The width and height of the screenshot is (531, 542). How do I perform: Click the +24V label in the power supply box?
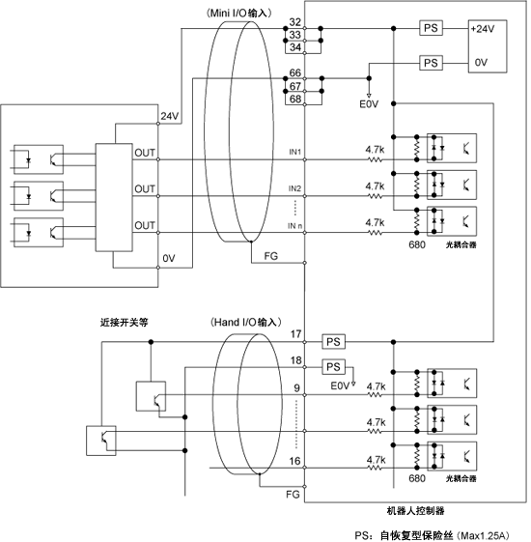click(483, 29)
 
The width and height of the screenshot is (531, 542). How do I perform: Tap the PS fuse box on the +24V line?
click(431, 28)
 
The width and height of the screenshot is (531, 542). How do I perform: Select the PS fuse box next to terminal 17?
click(333, 342)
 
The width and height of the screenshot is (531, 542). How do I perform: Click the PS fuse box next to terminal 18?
click(333, 367)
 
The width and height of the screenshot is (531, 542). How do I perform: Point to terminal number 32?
click(295, 22)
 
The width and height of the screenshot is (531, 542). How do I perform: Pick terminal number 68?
click(295, 100)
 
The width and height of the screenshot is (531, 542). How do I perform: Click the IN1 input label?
click(295, 152)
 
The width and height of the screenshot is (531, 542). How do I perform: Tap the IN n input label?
click(295, 226)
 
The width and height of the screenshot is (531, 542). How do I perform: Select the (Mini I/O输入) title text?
click(239, 14)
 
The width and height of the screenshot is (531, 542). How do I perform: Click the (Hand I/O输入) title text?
click(246, 322)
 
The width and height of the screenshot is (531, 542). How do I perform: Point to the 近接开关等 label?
click(125, 322)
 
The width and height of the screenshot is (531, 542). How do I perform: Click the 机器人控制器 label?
click(415, 510)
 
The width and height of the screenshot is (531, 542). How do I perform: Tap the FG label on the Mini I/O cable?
click(271, 256)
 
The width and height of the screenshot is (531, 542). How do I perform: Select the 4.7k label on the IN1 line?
click(375, 150)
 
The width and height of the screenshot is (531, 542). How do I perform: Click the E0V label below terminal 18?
click(340, 385)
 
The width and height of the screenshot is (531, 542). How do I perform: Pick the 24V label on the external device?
click(170, 116)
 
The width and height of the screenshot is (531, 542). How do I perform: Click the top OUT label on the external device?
click(145, 153)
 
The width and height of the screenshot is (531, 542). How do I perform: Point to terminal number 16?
click(295, 461)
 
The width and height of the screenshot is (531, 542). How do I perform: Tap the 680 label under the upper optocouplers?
click(417, 244)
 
